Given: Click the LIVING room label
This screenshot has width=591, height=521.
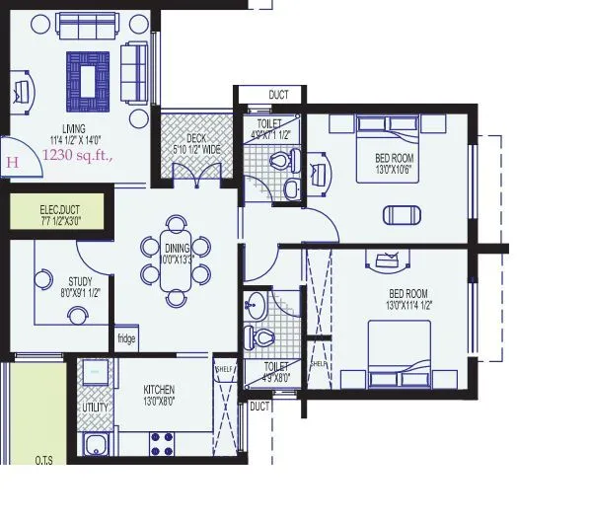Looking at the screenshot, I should pyautogui.click(x=72, y=129).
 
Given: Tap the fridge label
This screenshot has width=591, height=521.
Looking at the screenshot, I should pyautogui.click(x=126, y=338).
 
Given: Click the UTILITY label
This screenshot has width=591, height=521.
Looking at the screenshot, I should pyautogui.click(x=96, y=406).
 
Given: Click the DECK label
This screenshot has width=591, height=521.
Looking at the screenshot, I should pyautogui.click(x=196, y=139).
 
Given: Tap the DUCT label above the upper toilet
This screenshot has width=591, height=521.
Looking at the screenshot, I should pyautogui.click(x=278, y=95).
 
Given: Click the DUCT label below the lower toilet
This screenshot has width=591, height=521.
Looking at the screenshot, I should pyautogui.click(x=259, y=406).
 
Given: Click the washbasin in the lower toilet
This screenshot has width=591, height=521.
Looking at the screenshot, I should pyautogui.click(x=257, y=303).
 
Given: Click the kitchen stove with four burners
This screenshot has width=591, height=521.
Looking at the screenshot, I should pyautogui.click(x=162, y=442).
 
